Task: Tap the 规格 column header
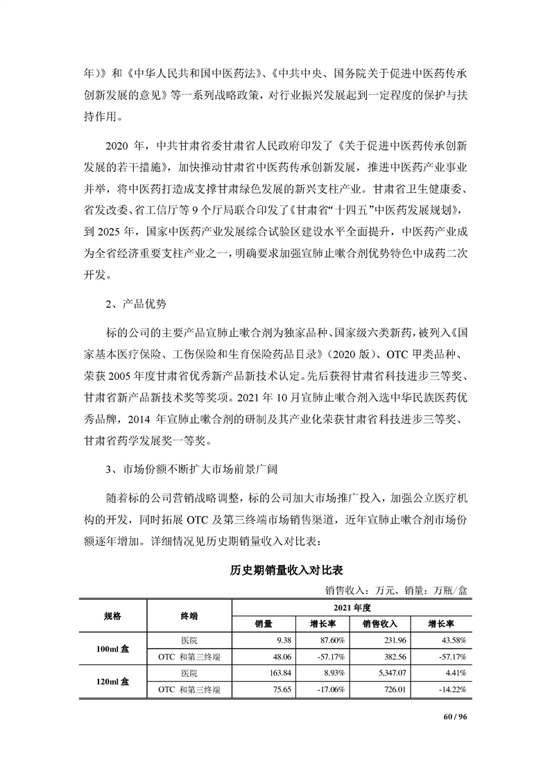(112, 614)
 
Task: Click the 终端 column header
(189, 614)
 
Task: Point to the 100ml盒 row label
(112, 648)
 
